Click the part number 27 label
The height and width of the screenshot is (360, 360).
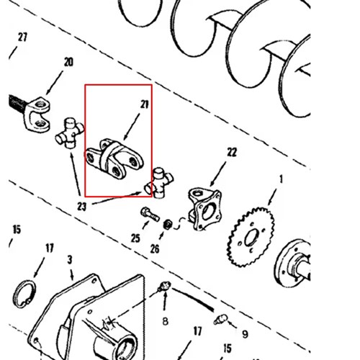(22, 37)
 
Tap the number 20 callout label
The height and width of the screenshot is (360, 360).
(68, 62)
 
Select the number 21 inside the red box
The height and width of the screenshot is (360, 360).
(145, 104)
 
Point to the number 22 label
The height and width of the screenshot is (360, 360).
(232, 152)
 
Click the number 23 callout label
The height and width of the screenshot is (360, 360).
(81, 207)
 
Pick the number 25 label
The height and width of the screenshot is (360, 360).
(135, 238)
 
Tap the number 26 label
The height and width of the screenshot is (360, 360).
(155, 249)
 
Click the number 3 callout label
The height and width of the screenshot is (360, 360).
(70, 260)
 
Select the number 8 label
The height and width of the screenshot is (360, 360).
(165, 321)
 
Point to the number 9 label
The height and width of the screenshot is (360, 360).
(245, 334)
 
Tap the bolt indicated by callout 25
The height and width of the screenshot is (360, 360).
(150, 215)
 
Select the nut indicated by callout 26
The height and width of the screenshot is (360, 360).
(168, 225)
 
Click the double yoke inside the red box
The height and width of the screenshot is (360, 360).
(114, 159)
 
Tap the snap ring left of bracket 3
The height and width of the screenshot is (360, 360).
(24, 294)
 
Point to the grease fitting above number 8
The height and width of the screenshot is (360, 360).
(164, 286)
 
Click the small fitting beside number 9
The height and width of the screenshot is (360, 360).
(220, 320)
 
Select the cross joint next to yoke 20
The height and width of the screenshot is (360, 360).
(70, 133)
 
